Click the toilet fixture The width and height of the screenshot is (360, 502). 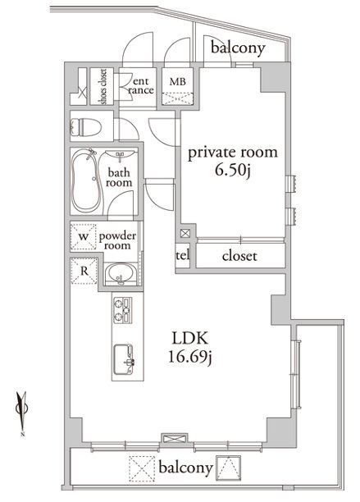[x=85, y=127]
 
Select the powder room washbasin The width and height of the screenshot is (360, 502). [x=121, y=274]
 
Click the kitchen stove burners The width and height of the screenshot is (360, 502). [x=123, y=310]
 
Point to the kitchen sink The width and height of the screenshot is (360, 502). [x=124, y=359]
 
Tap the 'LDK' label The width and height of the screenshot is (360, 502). [x=190, y=339]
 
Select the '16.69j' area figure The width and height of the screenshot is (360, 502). [x=190, y=358]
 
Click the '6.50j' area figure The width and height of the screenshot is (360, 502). [x=233, y=171]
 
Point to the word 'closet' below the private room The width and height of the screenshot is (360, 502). [x=239, y=256]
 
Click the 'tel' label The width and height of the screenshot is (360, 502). [x=183, y=255]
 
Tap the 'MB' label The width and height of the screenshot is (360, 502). [x=178, y=82]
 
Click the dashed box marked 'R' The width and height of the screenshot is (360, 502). [x=84, y=271]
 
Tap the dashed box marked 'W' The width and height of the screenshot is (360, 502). [x=83, y=236]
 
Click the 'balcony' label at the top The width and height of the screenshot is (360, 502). [x=238, y=48]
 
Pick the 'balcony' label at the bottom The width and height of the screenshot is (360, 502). [x=185, y=468]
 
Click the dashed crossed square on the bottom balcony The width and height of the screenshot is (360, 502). [x=142, y=469]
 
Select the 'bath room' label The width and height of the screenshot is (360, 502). [x=119, y=178]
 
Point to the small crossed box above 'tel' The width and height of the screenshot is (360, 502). [x=185, y=234]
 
